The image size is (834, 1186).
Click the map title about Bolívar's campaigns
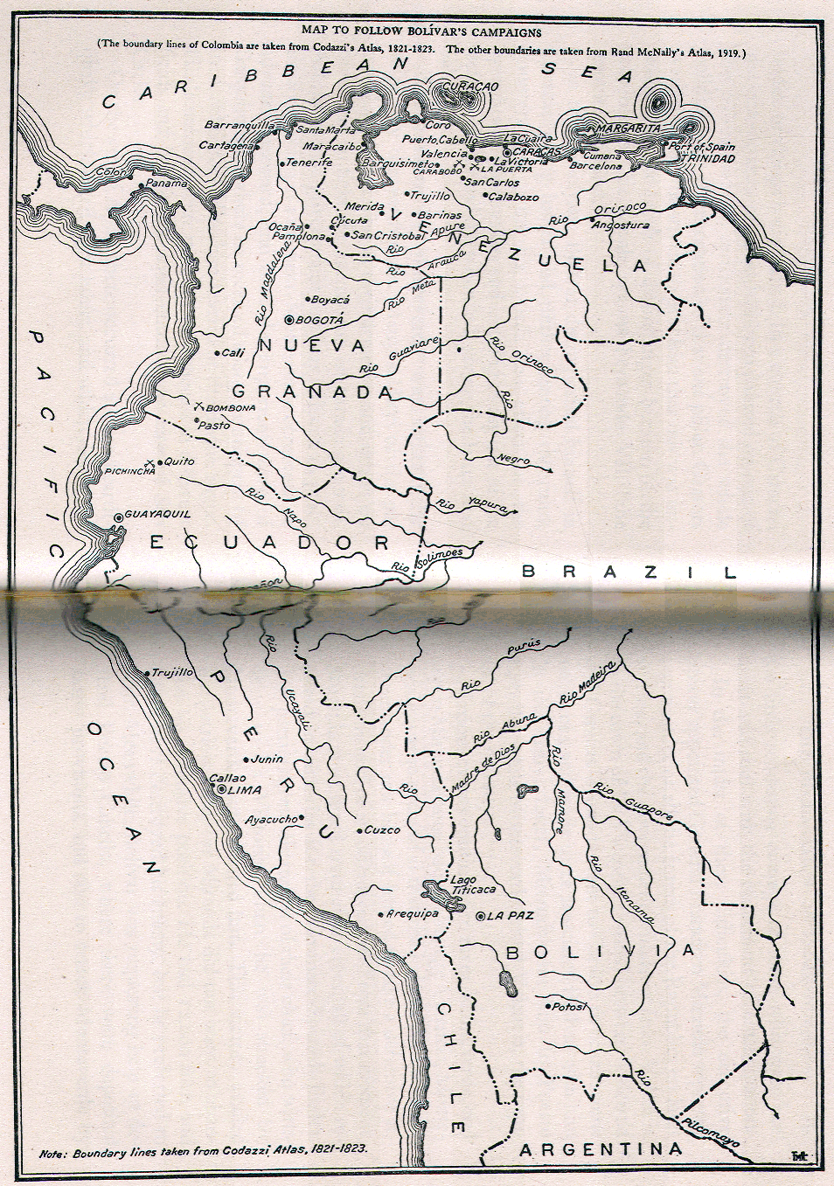coord(421,31)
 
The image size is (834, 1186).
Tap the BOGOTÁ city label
coord(319,321)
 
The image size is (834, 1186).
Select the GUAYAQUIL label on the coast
coord(157,514)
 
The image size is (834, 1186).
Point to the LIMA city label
coord(244,789)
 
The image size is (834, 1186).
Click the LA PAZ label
coord(510,915)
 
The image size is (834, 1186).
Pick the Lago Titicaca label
coord(472,885)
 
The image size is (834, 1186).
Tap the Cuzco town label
coord(382,829)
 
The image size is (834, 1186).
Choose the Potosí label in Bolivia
coord(567,1006)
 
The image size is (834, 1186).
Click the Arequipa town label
coord(413,913)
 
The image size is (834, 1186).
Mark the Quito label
coord(179,461)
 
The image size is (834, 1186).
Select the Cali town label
coord(233,352)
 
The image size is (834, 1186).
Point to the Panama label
coord(166,184)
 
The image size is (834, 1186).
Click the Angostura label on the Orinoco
coord(621,225)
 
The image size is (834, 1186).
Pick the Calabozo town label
coord(513,197)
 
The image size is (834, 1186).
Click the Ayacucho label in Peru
coord(271,820)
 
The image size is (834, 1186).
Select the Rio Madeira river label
coord(587,683)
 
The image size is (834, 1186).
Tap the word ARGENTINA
coord(601,1148)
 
